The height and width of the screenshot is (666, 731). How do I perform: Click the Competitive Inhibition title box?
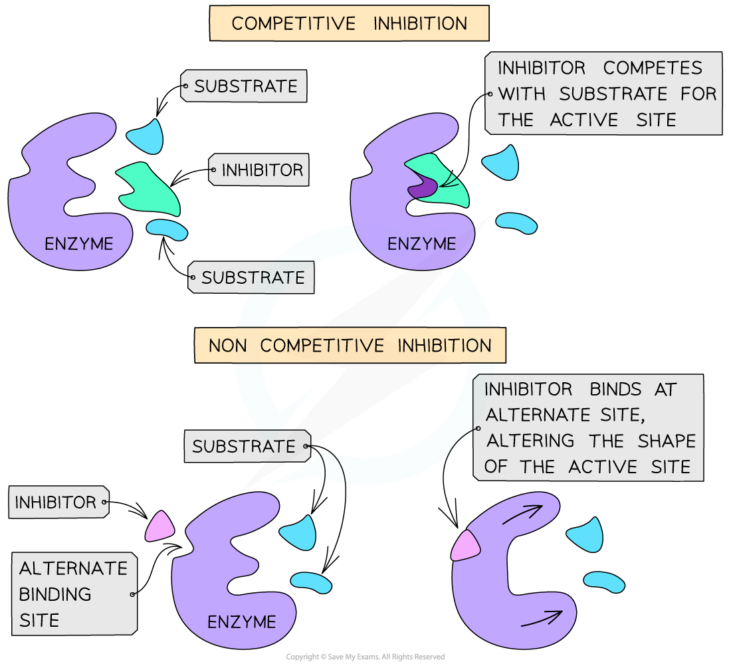[349, 24]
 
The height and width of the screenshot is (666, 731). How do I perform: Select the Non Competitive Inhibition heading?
[350, 346]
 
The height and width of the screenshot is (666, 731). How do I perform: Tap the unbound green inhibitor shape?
[152, 187]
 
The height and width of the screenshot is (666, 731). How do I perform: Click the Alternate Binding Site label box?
[73, 594]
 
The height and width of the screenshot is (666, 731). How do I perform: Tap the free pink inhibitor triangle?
[159, 526]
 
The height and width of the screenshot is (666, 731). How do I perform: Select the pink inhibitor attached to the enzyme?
[466, 545]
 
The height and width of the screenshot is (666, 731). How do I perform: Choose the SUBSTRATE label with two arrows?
[244, 447]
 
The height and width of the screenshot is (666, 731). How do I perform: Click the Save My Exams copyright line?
[365, 657]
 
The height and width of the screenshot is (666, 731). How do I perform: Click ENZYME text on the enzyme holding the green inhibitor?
[422, 244]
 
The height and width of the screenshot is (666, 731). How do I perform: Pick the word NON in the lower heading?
[229, 346]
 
